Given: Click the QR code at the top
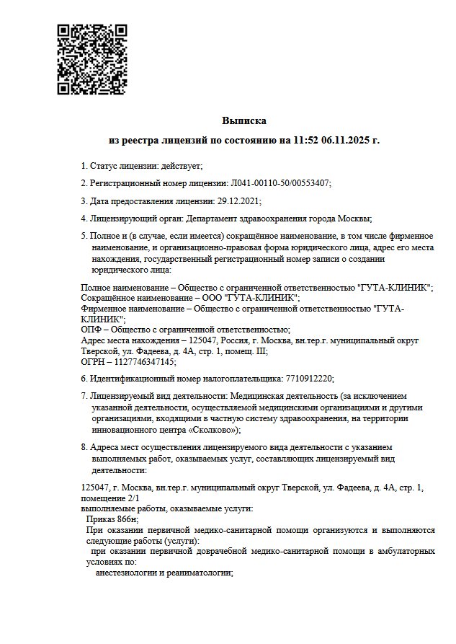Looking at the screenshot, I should (x=91, y=59).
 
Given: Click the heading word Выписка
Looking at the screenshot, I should (x=244, y=120).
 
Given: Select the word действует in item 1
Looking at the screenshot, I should (x=181, y=166).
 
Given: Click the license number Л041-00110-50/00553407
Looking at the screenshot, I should (x=280, y=183).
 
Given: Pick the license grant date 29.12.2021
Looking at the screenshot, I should (x=238, y=200).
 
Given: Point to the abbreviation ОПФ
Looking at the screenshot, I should (x=90, y=330).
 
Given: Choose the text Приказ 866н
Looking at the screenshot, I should (x=112, y=519).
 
